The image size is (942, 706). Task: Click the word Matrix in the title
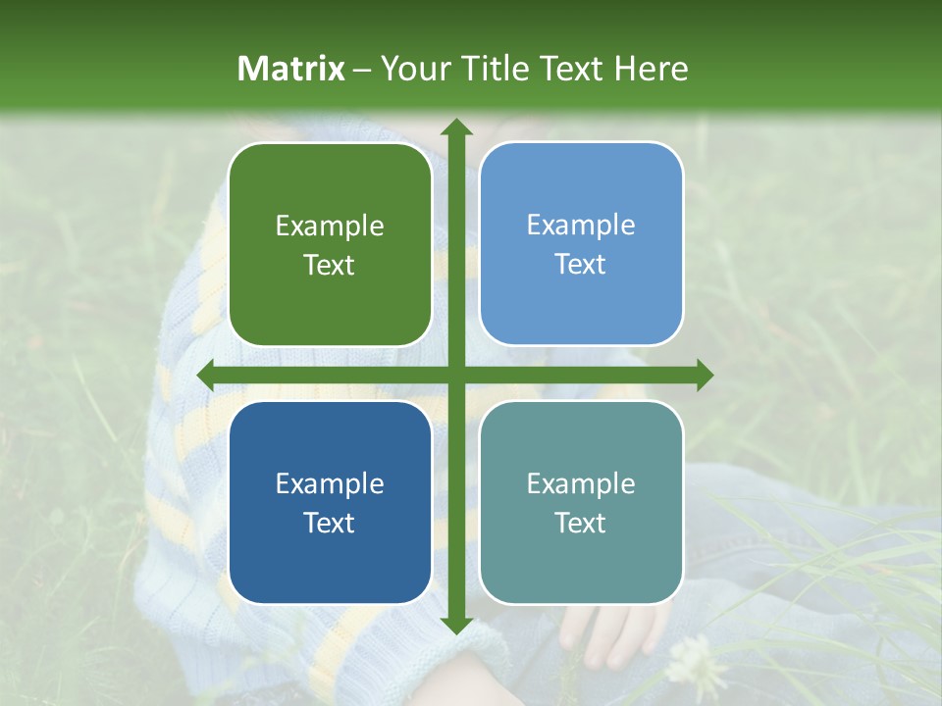[291, 69]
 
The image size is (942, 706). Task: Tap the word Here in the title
[651, 69]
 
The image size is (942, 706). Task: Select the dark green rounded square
[330, 245]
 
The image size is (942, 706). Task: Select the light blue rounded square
[581, 244]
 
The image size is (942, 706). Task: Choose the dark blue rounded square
[330, 502]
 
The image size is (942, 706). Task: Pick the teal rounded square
[581, 502]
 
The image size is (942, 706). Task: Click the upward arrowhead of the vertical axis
[455, 127]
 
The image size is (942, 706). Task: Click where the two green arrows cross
[455, 375]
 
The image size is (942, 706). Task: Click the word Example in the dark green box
[330, 227]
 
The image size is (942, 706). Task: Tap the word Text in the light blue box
[581, 265]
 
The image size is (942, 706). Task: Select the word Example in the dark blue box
[330, 483]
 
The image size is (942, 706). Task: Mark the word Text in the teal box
[581, 523]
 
